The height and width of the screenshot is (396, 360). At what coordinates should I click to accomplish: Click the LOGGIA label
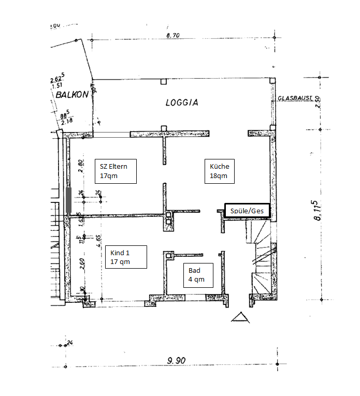click(x=182, y=102)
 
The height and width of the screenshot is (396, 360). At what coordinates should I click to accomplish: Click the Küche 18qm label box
click(x=219, y=171)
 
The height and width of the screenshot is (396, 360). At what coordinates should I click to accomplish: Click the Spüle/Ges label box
click(x=247, y=211)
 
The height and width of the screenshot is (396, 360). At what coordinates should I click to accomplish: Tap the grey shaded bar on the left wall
click(x=69, y=200)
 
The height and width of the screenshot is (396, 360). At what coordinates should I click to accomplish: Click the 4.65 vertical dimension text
click(x=98, y=242)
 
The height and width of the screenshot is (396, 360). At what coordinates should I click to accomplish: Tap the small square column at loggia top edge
click(x=164, y=81)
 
